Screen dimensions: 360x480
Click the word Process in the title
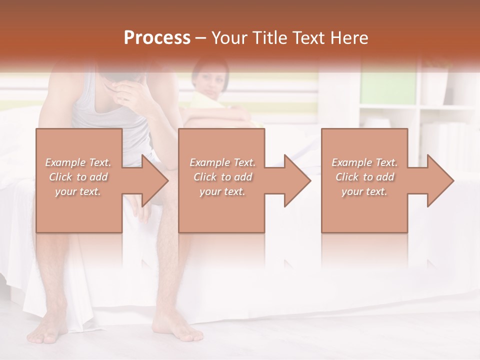click(157, 38)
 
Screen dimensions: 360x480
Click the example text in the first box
click(78, 177)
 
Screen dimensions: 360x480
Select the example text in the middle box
click(222, 177)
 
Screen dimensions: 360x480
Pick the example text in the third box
click(364, 177)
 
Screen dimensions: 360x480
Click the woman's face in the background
click(208, 80)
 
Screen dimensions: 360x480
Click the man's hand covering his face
click(131, 90)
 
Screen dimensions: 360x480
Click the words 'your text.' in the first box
click(78, 191)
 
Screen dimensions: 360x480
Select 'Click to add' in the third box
click(364, 177)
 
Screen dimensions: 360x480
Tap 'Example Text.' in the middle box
click(222, 162)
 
